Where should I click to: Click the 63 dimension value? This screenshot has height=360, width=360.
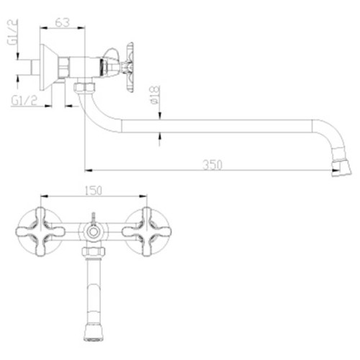pos(63,22)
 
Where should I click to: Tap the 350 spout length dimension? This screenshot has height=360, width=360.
pos(212,165)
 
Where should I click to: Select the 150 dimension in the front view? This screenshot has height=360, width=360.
pos(94,190)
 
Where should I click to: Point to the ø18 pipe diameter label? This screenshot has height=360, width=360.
pos(155,95)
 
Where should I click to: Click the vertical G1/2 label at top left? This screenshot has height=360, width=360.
pos(12,32)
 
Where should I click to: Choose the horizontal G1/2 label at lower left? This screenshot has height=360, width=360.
pos(24,100)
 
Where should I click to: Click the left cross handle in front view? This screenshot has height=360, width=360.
pos(40,232)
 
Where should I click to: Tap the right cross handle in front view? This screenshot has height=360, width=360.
pos(147,232)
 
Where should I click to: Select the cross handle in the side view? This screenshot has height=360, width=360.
pos(128,67)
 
